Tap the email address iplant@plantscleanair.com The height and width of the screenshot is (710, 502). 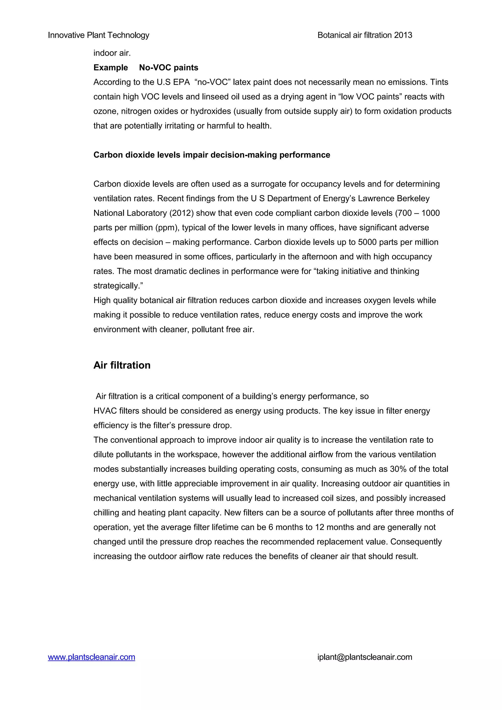click(365, 657)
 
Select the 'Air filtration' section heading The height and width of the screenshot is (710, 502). click(122, 365)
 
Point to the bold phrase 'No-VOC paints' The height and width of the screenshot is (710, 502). click(169, 68)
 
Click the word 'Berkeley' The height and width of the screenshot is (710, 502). click(413, 198)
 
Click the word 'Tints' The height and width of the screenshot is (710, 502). click(439, 82)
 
